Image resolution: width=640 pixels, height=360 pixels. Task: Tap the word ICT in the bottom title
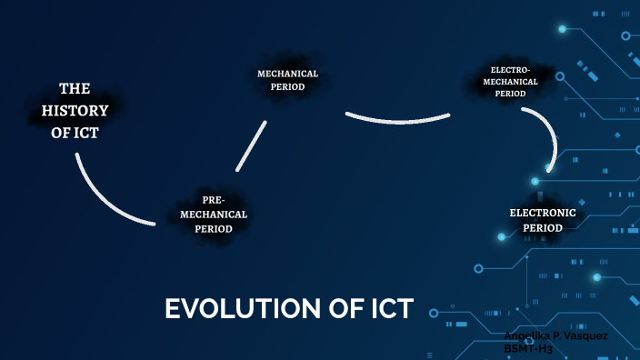click(x=386, y=309)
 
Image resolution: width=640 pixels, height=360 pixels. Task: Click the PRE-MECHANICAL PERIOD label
click(x=213, y=215)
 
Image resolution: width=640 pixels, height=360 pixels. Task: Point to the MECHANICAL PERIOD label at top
click(x=287, y=80)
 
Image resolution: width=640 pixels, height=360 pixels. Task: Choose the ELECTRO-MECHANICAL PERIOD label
click(x=510, y=81)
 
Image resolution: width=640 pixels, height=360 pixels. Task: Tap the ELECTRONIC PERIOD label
click(x=543, y=220)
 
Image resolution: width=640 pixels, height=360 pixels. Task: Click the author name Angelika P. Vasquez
click(x=556, y=335)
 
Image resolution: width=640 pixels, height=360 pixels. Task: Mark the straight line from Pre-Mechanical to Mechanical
click(x=251, y=145)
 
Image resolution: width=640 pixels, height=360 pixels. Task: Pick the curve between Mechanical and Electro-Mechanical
click(x=398, y=119)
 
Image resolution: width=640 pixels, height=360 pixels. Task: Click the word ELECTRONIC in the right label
click(x=543, y=213)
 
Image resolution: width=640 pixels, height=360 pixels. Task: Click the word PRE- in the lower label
click(x=213, y=200)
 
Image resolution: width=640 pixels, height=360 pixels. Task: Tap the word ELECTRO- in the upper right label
click(x=510, y=69)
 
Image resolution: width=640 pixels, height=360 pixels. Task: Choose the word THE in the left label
click(x=75, y=89)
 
